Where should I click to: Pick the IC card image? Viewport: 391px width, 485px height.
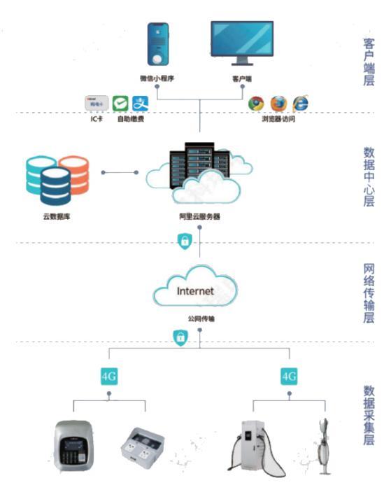tap(97, 104)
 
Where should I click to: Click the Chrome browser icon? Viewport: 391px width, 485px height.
tap(257, 103)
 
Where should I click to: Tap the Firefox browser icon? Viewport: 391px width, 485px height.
tap(279, 103)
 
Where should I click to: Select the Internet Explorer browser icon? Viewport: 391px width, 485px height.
tap(301, 103)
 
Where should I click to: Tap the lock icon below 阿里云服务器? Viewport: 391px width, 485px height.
tap(184, 242)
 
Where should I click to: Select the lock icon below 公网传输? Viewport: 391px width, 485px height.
tap(180, 337)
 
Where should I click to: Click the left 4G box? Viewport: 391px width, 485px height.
tap(108, 376)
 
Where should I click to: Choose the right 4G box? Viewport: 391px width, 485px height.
tap(289, 376)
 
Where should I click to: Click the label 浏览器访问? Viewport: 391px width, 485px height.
tap(278, 119)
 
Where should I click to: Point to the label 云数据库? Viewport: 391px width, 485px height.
tap(56, 217)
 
